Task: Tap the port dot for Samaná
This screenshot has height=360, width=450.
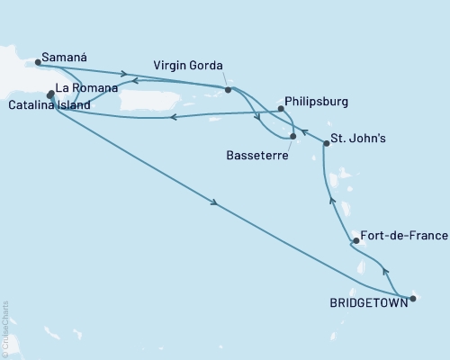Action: point(38,63)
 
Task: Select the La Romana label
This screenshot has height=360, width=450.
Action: point(84,89)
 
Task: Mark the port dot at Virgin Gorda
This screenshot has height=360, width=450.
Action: point(229,90)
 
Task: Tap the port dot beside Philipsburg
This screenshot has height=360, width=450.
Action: point(281,109)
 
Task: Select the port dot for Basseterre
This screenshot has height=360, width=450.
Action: point(293,136)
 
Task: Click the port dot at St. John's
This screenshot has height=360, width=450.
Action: point(326,144)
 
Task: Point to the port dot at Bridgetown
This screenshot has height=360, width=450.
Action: point(412,299)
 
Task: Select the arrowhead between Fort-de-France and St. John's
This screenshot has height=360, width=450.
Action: point(332,202)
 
